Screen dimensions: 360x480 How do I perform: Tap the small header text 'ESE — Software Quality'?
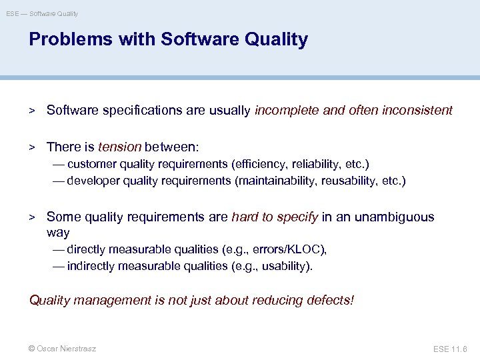coord(42,13)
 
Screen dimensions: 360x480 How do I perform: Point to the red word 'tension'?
coord(120,146)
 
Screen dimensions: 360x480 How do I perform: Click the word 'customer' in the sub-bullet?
coord(91,164)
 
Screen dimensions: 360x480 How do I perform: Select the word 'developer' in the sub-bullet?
coord(93,181)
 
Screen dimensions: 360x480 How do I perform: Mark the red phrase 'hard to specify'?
coord(275,217)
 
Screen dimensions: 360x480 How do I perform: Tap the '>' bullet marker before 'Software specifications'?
coord(31,111)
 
